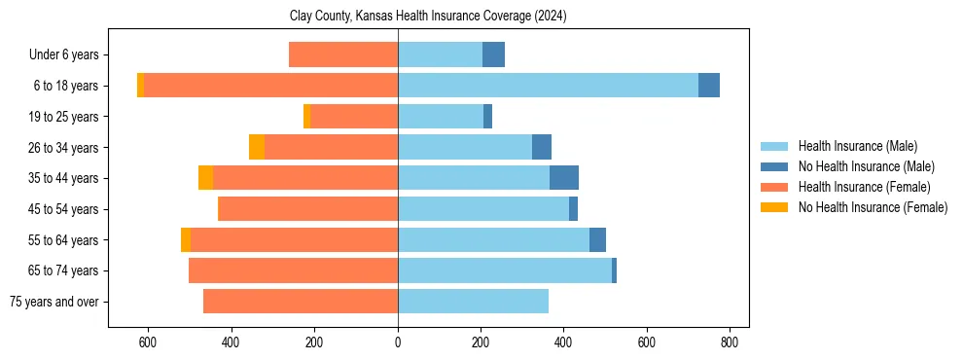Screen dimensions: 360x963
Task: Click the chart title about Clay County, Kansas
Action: tap(428, 17)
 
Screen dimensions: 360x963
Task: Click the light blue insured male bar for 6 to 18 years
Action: tap(548, 86)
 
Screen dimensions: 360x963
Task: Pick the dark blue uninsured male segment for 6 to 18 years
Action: tap(709, 86)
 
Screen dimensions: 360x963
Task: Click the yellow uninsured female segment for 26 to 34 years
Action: tap(257, 147)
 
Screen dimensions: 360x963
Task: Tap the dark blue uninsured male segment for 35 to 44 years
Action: tap(564, 178)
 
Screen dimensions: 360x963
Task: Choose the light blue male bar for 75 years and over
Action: tap(473, 302)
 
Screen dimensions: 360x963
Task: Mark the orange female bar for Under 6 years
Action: tap(343, 54)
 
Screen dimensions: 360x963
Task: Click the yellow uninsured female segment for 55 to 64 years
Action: tap(186, 239)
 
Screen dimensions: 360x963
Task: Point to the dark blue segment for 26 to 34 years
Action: tap(542, 147)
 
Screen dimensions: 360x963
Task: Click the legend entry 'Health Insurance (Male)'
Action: tap(857, 146)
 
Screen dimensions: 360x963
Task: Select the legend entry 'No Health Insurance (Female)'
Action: tap(873, 207)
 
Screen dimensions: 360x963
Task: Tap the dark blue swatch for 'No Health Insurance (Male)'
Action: tap(774, 166)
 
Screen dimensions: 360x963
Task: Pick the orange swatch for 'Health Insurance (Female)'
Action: tap(774, 187)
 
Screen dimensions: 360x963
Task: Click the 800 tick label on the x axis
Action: tap(730, 342)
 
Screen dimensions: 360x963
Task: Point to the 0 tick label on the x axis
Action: tap(398, 342)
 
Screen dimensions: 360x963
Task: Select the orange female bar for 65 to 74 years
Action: tap(293, 270)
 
